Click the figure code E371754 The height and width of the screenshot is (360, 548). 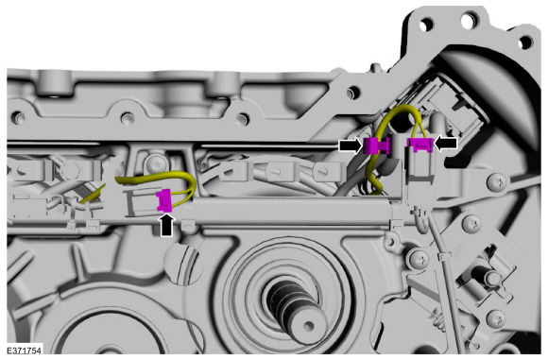[x=25, y=351]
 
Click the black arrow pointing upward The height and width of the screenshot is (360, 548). [x=166, y=225]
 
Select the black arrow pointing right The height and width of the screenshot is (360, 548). [x=351, y=145]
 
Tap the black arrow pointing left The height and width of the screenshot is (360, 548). [x=445, y=144]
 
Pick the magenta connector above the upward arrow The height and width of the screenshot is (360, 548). [x=163, y=200]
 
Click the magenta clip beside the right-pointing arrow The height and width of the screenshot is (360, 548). [x=376, y=146]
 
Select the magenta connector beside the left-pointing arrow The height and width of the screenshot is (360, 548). [x=420, y=145]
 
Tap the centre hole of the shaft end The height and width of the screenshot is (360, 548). [x=308, y=326]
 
